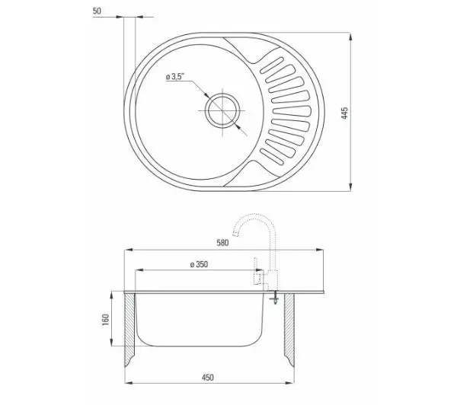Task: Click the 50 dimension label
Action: [97, 11]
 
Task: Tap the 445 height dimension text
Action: [344, 113]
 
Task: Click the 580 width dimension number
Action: [222, 243]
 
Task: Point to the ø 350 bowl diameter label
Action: [199, 265]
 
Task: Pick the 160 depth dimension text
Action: [105, 319]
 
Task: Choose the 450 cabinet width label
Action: [207, 378]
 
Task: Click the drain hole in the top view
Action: [222, 110]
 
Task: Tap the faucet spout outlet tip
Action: [235, 233]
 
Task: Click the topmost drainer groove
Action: [272, 65]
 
